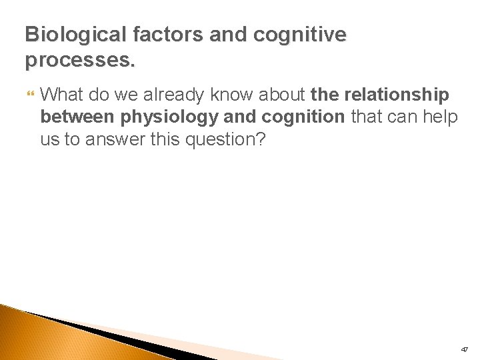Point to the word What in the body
click(60, 95)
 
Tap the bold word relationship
click(397, 95)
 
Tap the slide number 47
click(464, 349)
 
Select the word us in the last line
click(49, 140)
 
